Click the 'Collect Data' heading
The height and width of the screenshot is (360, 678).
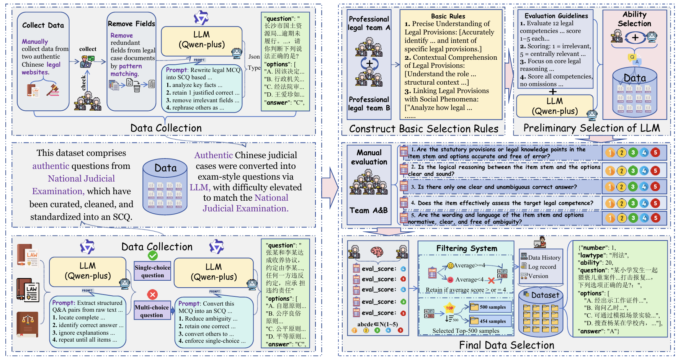43,25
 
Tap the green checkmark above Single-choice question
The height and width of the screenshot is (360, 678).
153,255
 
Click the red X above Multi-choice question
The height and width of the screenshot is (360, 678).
152,294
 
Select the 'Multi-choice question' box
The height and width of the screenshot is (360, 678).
152,311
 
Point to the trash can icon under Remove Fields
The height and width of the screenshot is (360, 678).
137,88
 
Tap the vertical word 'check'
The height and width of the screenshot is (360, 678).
83,83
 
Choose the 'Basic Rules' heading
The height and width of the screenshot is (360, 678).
448,16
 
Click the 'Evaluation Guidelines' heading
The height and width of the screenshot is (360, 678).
556,16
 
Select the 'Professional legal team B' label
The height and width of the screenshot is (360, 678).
369,104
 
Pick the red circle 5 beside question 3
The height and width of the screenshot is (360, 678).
655,187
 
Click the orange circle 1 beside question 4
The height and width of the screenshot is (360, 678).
610,203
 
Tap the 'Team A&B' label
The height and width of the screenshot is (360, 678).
369,210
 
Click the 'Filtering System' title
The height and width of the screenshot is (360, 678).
467,249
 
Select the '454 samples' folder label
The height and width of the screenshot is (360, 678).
492,321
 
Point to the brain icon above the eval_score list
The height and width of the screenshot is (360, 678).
377,251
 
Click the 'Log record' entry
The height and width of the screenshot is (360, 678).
542,267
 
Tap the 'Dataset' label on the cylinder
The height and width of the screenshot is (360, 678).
545,295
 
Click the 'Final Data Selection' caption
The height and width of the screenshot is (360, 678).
506,345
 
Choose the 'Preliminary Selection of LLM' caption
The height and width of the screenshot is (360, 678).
591,128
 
